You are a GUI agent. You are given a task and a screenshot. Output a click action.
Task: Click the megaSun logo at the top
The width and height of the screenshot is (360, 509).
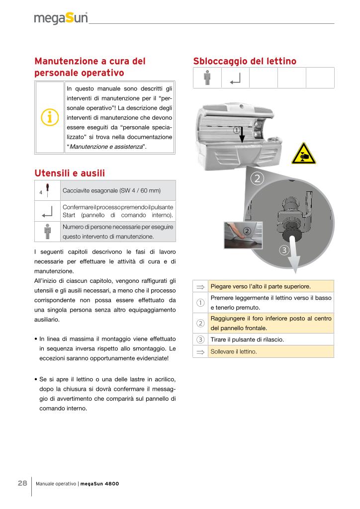pos(61,18)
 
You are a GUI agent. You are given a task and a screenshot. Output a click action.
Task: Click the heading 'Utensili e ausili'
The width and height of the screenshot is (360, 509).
pos(70,173)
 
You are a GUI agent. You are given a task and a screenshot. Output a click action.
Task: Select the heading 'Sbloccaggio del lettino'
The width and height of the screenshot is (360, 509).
pos(244,61)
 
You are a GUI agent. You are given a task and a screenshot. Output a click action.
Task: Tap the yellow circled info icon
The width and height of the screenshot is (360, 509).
pos(50,117)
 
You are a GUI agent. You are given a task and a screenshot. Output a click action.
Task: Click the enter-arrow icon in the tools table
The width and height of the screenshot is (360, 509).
pos(48,211)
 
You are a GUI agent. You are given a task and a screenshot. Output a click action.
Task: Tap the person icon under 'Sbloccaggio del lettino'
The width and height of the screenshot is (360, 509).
pos(207,78)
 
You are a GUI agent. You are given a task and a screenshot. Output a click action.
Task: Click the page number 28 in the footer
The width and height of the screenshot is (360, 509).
pos(22,483)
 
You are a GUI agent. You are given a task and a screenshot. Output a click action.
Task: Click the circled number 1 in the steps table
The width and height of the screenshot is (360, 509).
pos(200,302)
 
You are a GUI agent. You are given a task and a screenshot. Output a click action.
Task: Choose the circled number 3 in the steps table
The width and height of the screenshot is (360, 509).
pos(200,339)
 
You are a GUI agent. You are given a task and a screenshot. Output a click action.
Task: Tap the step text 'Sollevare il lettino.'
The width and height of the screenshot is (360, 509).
pos(234,351)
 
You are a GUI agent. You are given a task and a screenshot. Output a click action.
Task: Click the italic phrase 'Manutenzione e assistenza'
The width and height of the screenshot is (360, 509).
pos(106,147)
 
